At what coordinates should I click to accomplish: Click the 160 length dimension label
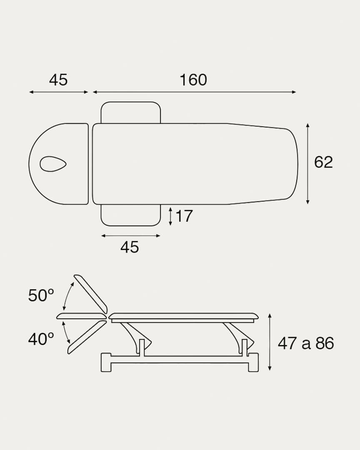tap(193, 80)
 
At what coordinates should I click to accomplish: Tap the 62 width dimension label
tap(323, 162)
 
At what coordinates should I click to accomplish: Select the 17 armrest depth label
tap(184, 216)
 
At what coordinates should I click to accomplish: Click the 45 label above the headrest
tap(58, 80)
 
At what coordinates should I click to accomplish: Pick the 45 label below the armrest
tap(130, 247)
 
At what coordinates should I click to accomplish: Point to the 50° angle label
tap(41, 295)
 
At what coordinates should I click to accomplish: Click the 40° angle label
tap(41, 339)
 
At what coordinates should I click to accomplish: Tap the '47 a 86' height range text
tap(306, 343)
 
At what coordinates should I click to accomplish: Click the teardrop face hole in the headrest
tap(53, 164)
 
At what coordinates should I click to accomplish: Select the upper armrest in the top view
tap(130, 112)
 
